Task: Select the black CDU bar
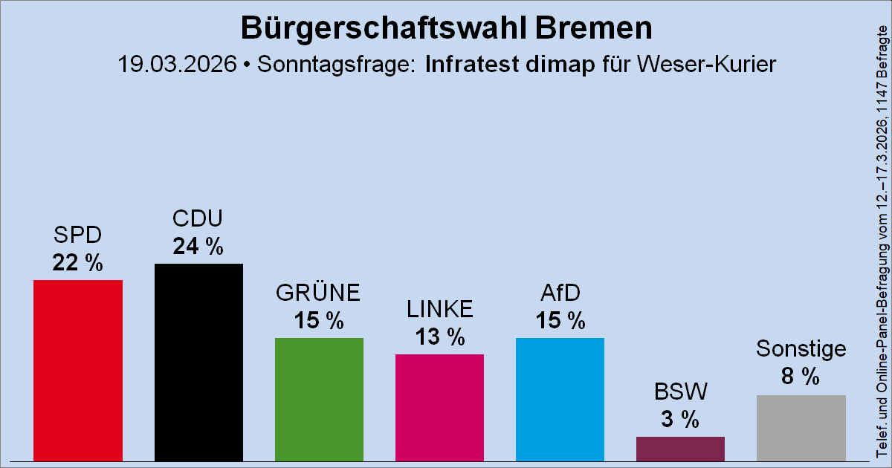point(198,362)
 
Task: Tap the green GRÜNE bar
point(319,399)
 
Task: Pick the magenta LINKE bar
point(439,407)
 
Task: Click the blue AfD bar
point(560,399)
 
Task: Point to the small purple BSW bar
point(680,448)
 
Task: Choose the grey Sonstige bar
point(801,427)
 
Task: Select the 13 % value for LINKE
point(439,337)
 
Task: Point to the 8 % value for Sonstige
point(801,377)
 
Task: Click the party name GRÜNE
point(319,293)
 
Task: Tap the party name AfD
point(560,293)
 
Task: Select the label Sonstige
point(801,348)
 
